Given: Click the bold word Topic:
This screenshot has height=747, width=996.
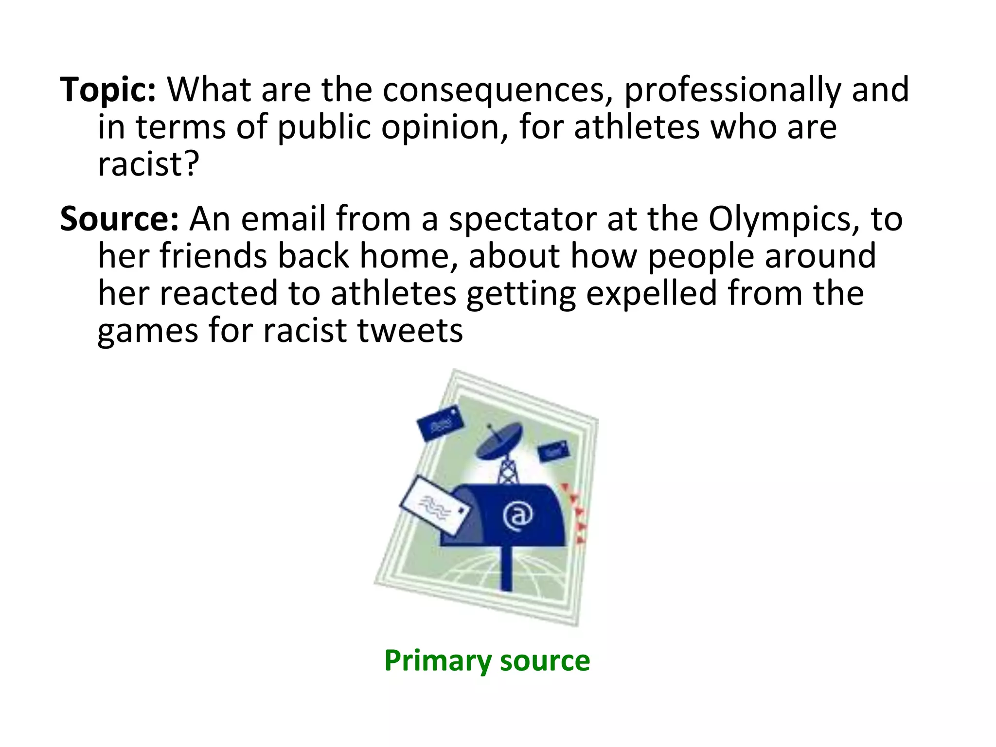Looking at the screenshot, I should (x=108, y=90).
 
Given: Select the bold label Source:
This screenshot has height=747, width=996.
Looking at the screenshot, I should (x=120, y=219).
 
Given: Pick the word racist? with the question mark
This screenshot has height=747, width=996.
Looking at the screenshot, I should (x=149, y=164).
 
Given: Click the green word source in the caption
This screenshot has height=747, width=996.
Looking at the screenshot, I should (x=545, y=661).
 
